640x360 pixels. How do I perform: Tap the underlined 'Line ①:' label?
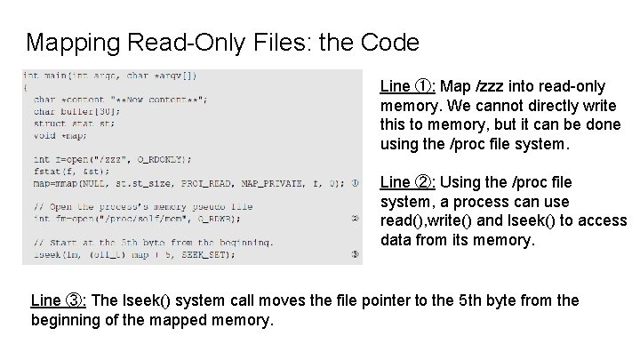point(406,86)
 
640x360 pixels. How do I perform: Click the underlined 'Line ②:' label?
point(406,182)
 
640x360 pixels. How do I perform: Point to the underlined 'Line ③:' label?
point(58,300)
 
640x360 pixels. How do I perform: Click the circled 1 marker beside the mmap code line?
point(354,184)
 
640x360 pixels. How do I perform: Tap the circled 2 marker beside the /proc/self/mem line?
point(354,218)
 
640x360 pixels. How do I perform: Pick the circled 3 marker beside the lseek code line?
point(354,255)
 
